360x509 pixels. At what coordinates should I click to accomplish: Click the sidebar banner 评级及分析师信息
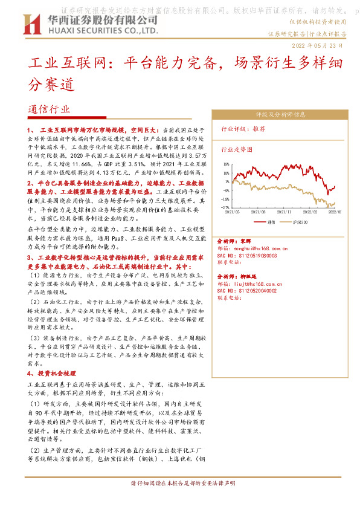[280, 114]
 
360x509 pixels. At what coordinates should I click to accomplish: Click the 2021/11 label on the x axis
[285, 212]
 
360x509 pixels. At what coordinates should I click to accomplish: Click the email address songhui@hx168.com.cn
[260, 248]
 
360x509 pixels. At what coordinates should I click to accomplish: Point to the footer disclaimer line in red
[179, 484]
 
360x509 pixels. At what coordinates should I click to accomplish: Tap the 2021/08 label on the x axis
[259, 212]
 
